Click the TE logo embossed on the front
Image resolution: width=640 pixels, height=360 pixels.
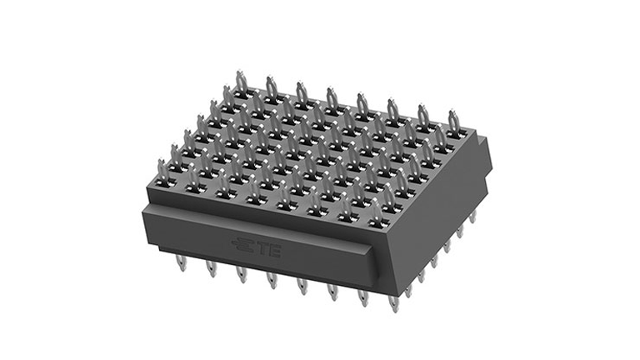pyautogui.click(x=257, y=247)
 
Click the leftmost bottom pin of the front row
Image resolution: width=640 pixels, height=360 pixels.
pyautogui.click(x=181, y=262)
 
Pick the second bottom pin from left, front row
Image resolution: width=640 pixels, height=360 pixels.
pyautogui.click(x=211, y=268)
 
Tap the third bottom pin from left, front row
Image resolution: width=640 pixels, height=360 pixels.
pyautogui.click(x=241, y=274)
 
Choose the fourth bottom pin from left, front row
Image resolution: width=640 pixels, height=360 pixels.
pyautogui.click(x=272, y=280)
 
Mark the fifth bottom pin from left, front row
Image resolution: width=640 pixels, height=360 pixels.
pyautogui.click(x=302, y=286)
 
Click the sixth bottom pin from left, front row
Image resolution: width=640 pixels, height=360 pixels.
pyautogui.click(x=332, y=292)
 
